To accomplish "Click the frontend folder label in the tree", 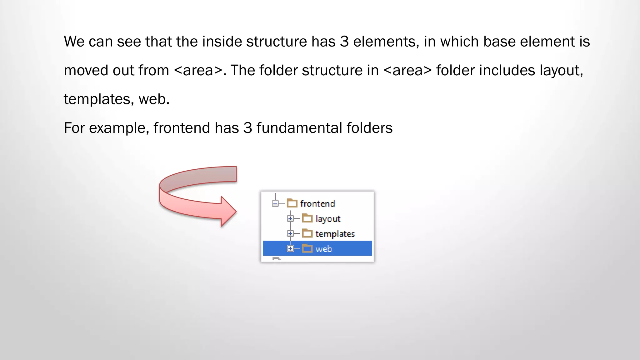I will pos(317,204).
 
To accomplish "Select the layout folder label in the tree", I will pos(328,219).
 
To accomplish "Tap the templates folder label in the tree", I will pos(335,234).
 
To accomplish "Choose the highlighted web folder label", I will pos(324,249).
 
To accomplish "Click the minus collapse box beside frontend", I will pos(275,204).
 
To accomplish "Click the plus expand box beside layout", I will pos(290,218).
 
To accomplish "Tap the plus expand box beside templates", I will pos(290,233).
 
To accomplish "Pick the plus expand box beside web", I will pos(290,249).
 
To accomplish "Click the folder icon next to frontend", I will pos(292,203).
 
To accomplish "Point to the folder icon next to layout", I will pos(307,218).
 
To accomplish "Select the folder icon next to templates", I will pos(307,233).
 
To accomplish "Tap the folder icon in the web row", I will pos(307,249).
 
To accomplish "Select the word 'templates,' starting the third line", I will pos(99,99).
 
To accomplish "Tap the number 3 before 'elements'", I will pos(344,42).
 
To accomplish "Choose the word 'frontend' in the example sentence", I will pos(182,128).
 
